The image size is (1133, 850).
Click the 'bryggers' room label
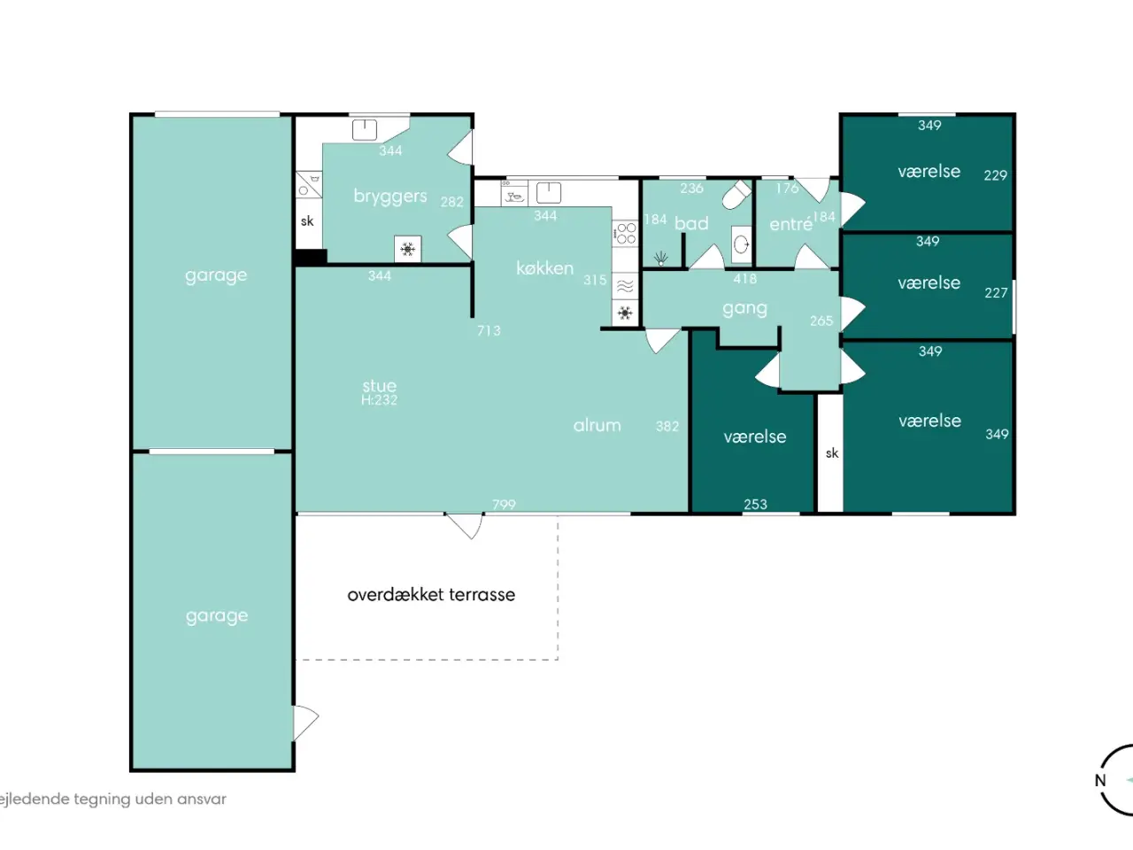point(390,197)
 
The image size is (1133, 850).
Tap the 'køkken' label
point(544,268)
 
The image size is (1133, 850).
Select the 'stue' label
point(380,385)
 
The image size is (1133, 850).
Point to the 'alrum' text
point(597,425)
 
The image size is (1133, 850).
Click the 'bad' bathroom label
point(691,223)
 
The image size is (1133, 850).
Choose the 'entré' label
point(790,224)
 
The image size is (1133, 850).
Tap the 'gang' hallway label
point(744,309)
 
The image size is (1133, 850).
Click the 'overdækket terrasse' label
point(431,594)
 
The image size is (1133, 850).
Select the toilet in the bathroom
point(736,194)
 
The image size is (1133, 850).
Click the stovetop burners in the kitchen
point(626,233)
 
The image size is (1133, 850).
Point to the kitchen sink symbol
point(549,193)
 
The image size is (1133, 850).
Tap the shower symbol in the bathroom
point(660,258)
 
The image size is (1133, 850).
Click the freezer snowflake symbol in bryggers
point(408,250)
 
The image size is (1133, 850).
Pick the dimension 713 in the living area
point(489,330)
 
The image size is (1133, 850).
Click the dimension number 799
point(504,504)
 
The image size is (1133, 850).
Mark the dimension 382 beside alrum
point(667,426)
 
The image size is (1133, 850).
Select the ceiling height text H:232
point(380,400)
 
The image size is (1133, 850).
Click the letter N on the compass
point(1100,781)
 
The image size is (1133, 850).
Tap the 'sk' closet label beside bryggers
point(307,221)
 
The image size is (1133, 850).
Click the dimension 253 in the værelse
point(755,504)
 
